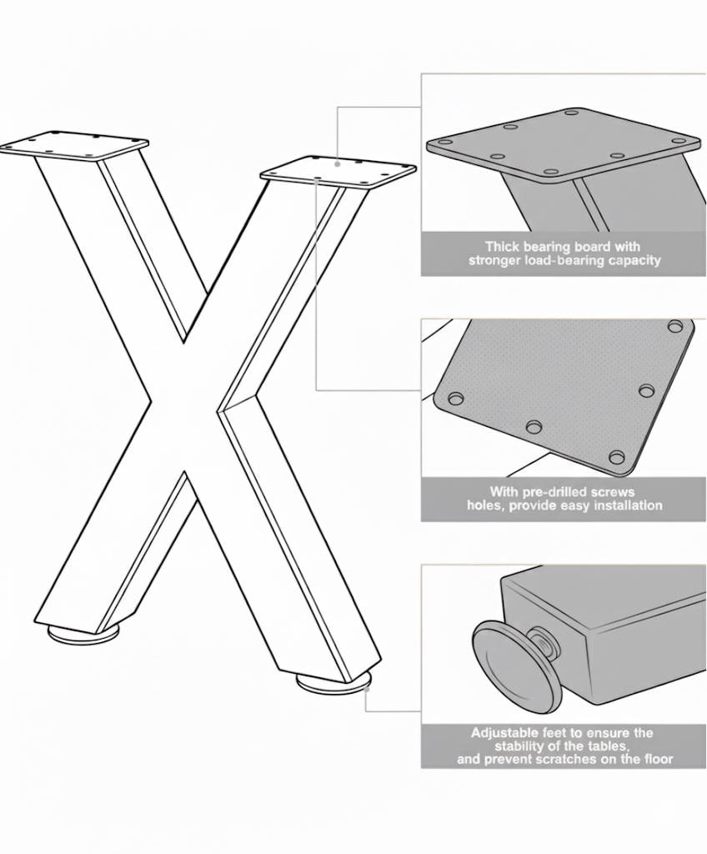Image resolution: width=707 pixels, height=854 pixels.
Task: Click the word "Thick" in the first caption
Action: click(501, 247)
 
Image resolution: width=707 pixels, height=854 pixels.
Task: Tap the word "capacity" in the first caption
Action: click(634, 260)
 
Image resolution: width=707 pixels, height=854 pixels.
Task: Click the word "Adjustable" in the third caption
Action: click(506, 733)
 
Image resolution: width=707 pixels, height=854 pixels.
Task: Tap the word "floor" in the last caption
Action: click(658, 759)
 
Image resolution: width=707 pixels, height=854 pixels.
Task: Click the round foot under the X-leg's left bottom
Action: click(83, 633)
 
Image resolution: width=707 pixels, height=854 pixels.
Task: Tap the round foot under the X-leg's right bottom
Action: click(333, 681)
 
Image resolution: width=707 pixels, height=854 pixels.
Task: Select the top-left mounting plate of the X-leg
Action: click(75, 145)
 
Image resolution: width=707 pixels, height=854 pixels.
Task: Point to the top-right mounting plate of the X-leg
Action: click(338, 172)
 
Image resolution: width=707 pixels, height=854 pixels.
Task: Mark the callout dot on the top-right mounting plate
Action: click(338, 163)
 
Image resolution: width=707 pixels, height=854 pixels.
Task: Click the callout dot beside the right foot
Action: click(367, 689)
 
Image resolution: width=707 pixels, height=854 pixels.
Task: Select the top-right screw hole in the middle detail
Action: click(674, 327)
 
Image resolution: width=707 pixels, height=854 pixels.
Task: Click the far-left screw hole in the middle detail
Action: click(456, 399)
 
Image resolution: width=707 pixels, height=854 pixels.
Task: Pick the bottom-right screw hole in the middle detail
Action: click(617, 457)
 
